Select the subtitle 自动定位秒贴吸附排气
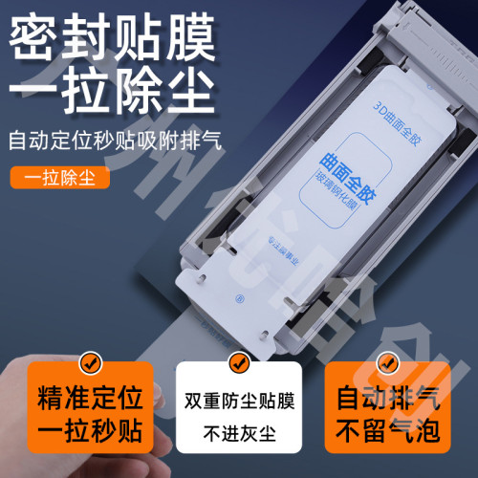(x=114, y=142)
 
